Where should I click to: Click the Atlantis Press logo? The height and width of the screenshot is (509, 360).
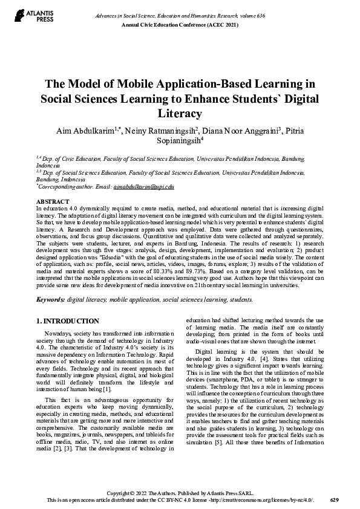pyautogui.click(x=27, y=16)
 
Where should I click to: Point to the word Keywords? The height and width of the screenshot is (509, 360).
pyautogui.click(x=50, y=299)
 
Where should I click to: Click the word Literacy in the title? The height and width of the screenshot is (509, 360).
pyautogui.click(x=180, y=113)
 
